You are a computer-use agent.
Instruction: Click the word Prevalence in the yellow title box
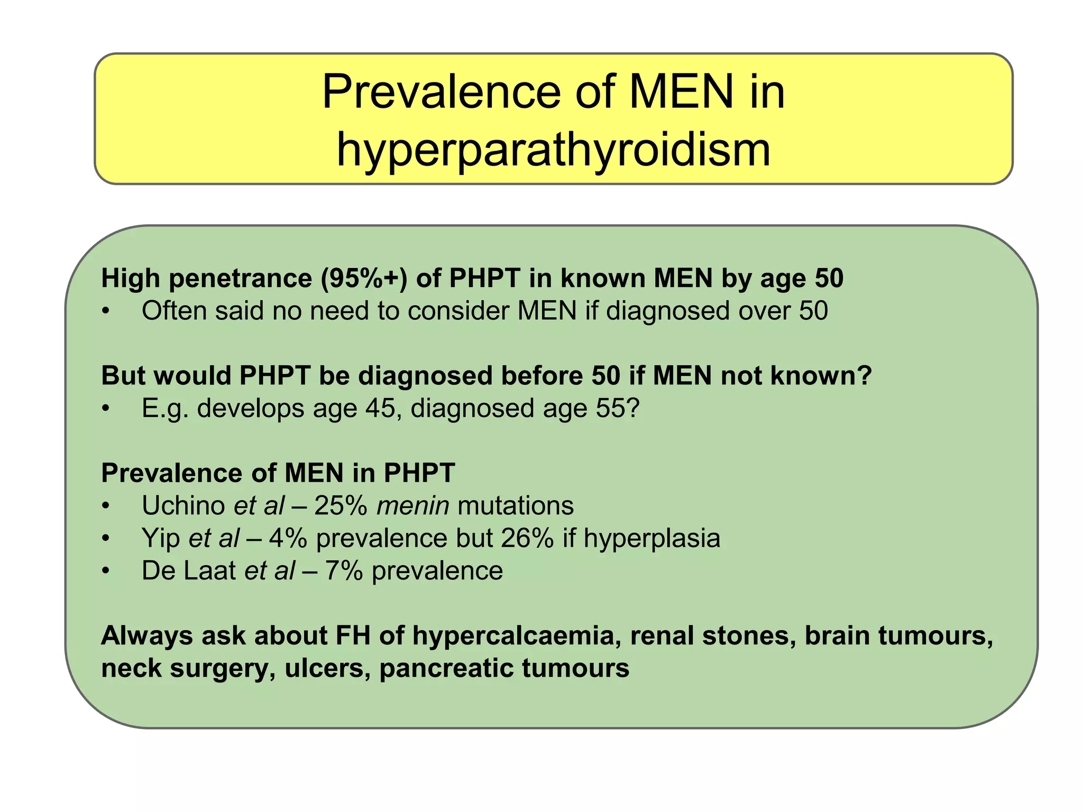click(442, 91)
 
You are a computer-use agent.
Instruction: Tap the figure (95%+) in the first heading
click(364, 278)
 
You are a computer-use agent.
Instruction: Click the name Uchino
click(183, 505)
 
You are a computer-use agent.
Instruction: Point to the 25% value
click(341, 505)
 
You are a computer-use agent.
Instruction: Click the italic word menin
click(412, 505)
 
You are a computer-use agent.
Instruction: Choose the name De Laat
click(189, 571)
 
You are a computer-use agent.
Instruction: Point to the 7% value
click(344, 571)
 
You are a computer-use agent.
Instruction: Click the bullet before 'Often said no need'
click(106, 311)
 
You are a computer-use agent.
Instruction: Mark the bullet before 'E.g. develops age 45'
click(106, 409)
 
